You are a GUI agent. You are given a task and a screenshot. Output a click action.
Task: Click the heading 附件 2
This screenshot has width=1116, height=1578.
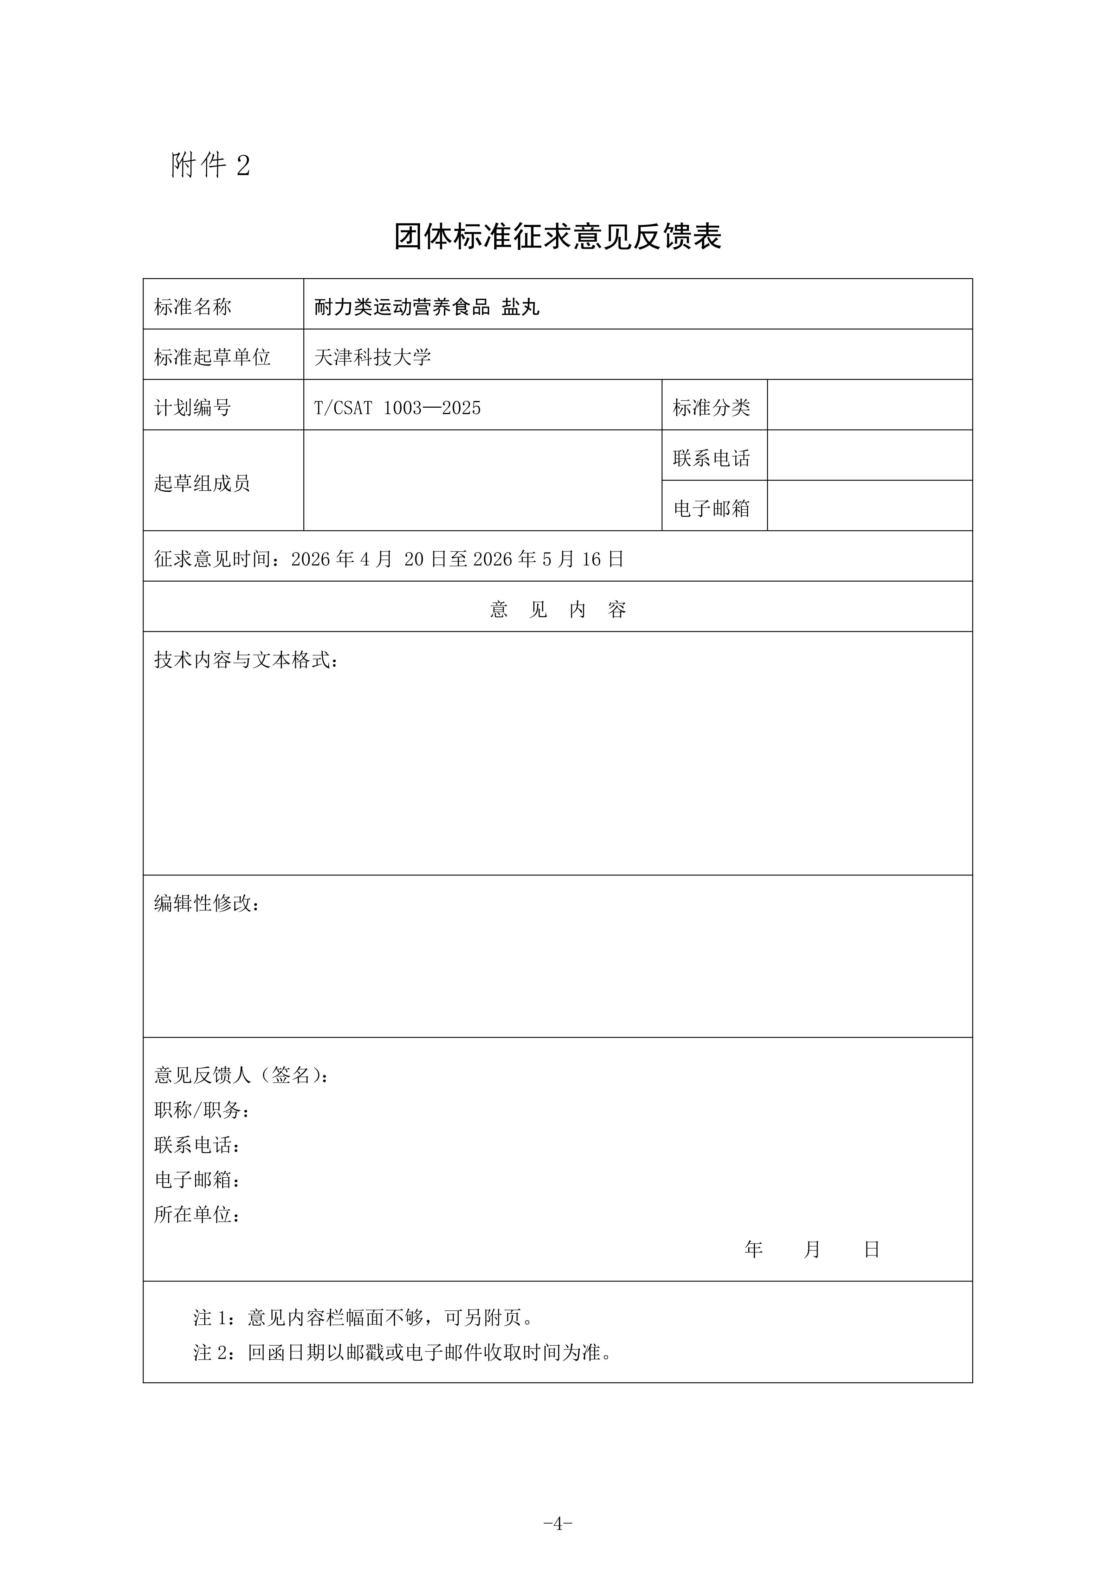pyautogui.click(x=210, y=165)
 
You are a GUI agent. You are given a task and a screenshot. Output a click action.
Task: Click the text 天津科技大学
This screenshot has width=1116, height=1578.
pyautogui.click(x=373, y=357)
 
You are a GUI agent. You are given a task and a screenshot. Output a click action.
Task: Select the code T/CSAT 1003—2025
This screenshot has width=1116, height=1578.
pyautogui.click(x=397, y=408)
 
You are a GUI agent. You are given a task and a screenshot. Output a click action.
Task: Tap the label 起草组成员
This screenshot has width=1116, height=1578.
pyautogui.click(x=202, y=483)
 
